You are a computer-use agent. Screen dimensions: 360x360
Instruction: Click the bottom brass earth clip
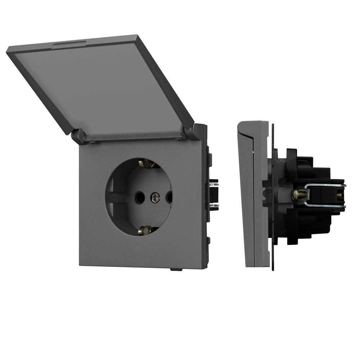[146, 230]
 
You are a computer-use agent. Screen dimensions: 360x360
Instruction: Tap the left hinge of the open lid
[78, 136]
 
